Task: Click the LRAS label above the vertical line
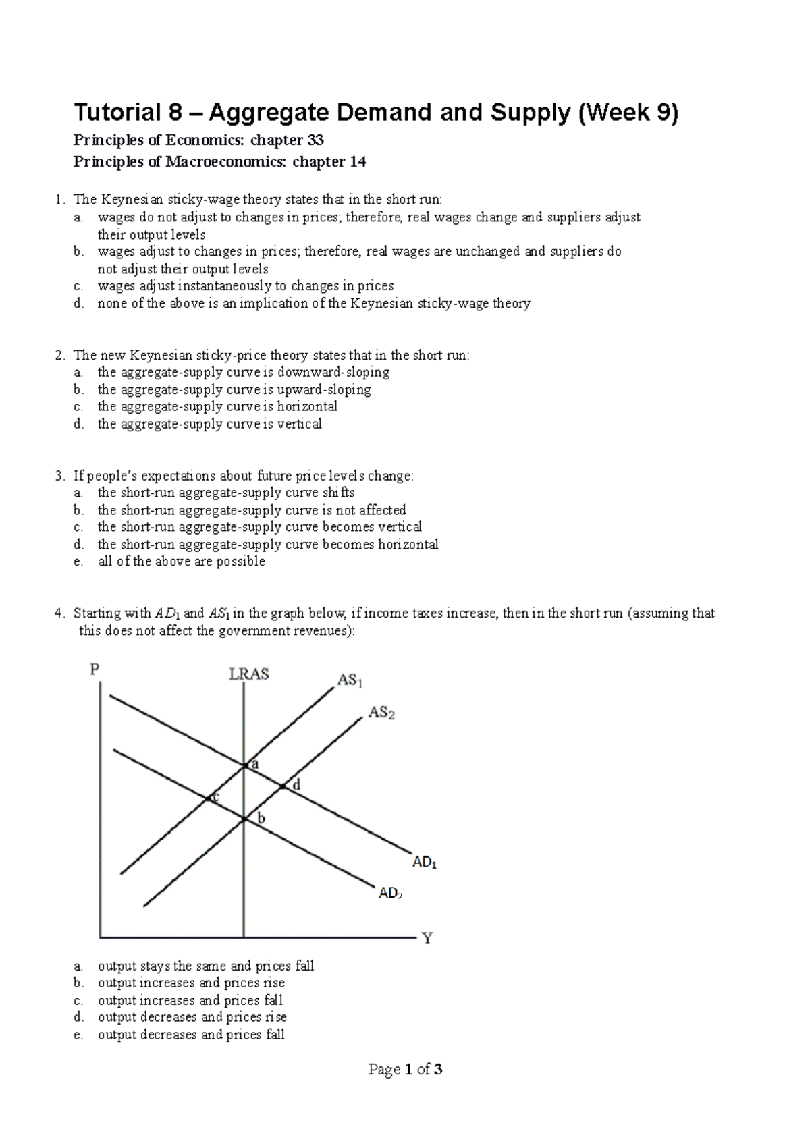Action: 249,674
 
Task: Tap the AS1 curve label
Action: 350,680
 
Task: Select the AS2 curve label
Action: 381,713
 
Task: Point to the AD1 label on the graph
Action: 425,863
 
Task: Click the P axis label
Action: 94,670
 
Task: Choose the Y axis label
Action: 427,938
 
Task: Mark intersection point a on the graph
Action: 244,765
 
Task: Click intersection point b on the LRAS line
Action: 244,819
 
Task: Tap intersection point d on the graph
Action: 283,786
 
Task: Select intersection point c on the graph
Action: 208,798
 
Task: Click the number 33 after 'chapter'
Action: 315,140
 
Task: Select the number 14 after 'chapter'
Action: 357,162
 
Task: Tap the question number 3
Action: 59,476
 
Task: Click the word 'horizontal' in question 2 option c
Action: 307,406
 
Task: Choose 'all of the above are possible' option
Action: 182,562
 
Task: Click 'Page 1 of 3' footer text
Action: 405,1069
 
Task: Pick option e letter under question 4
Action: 78,1035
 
